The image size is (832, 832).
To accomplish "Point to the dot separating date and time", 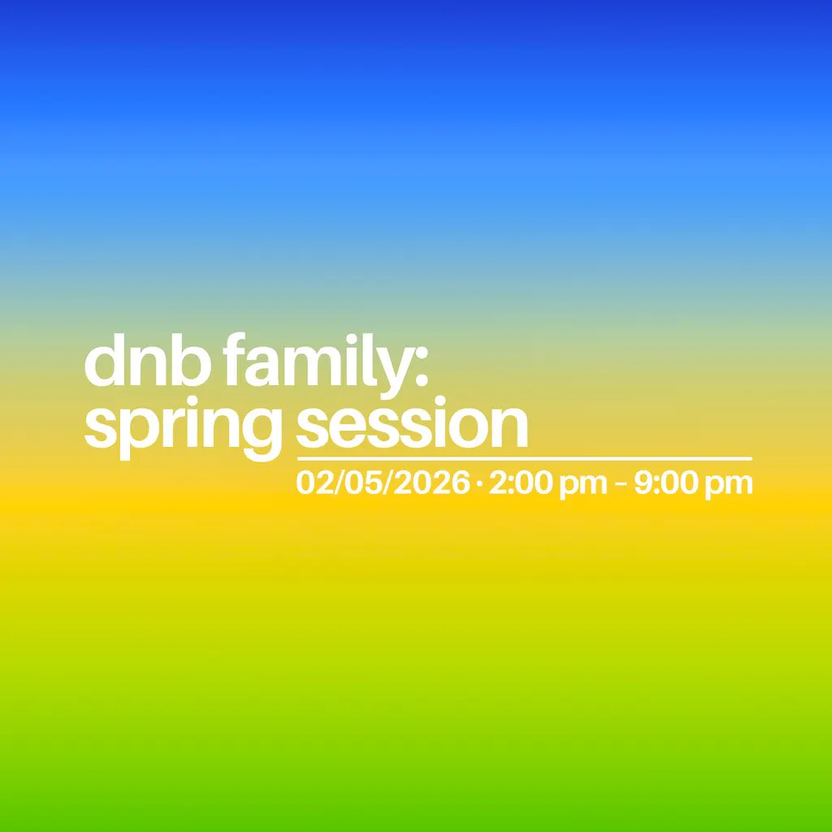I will (x=479, y=485).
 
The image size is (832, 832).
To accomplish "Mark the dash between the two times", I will (x=622, y=485).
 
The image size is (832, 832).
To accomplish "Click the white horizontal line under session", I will (x=524, y=459).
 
